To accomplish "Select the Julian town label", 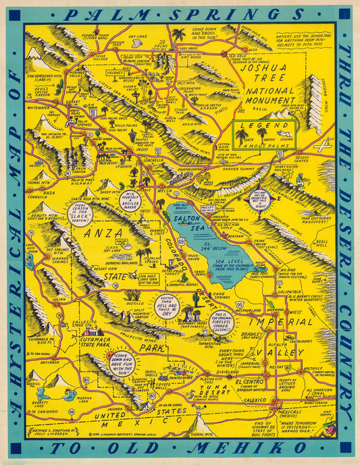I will tap(41, 297).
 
